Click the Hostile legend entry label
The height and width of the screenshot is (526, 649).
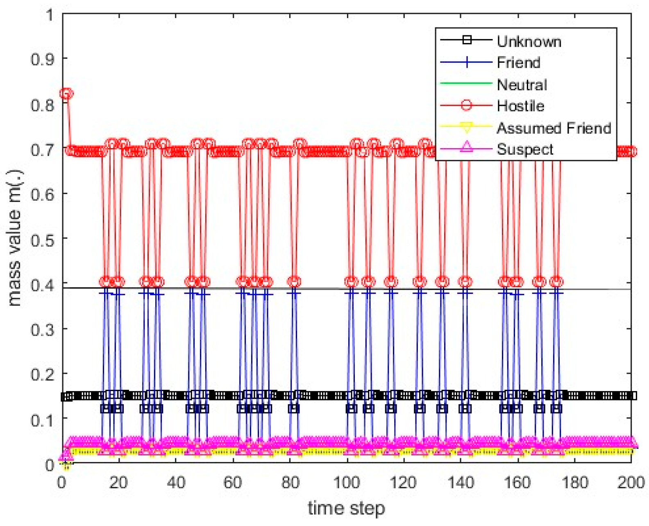pyautogui.click(x=520, y=106)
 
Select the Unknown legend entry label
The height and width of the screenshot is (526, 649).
pyautogui.click(x=529, y=41)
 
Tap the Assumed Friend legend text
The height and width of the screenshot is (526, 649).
pyautogui.click(x=554, y=128)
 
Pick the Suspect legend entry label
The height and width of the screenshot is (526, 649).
pyautogui.click(x=525, y=149)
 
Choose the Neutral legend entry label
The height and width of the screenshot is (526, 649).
pyautogui.click(x=522, y=85)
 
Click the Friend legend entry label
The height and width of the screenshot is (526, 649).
pyautogui.click(x=518, y=63)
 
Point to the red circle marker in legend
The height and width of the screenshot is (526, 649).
pyautogui.click(x=466, y=105)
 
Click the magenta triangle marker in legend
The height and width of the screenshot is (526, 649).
pyautogui.click(x=466, y=146)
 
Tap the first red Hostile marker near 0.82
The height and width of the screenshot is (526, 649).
pyautogui.click(x=66, y=94)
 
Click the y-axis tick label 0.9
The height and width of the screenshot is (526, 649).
pyautogui.click(x=42, y=59)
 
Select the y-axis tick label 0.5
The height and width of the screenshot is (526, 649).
pyautogui.click(x=42, y=239)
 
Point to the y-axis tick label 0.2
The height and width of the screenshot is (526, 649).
pyautogui.click(x=42, y=374)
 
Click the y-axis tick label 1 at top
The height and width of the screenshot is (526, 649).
pyautogui.click(x=50, y=15)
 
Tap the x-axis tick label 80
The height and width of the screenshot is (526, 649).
pyautogui.click(x=290, y=482)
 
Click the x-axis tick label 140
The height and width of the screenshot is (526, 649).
pyautogui.click(x=461, y=482)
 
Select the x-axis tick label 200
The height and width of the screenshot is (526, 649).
pyautogui.click(x=631, y=482)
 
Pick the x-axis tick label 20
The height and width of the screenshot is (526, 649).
pyautogui.click(x=119, y=482)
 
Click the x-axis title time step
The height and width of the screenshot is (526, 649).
pyautogui.click(x=346, y=508)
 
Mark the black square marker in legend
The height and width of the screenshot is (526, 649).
pyautogui.click(x=466, y=40)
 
